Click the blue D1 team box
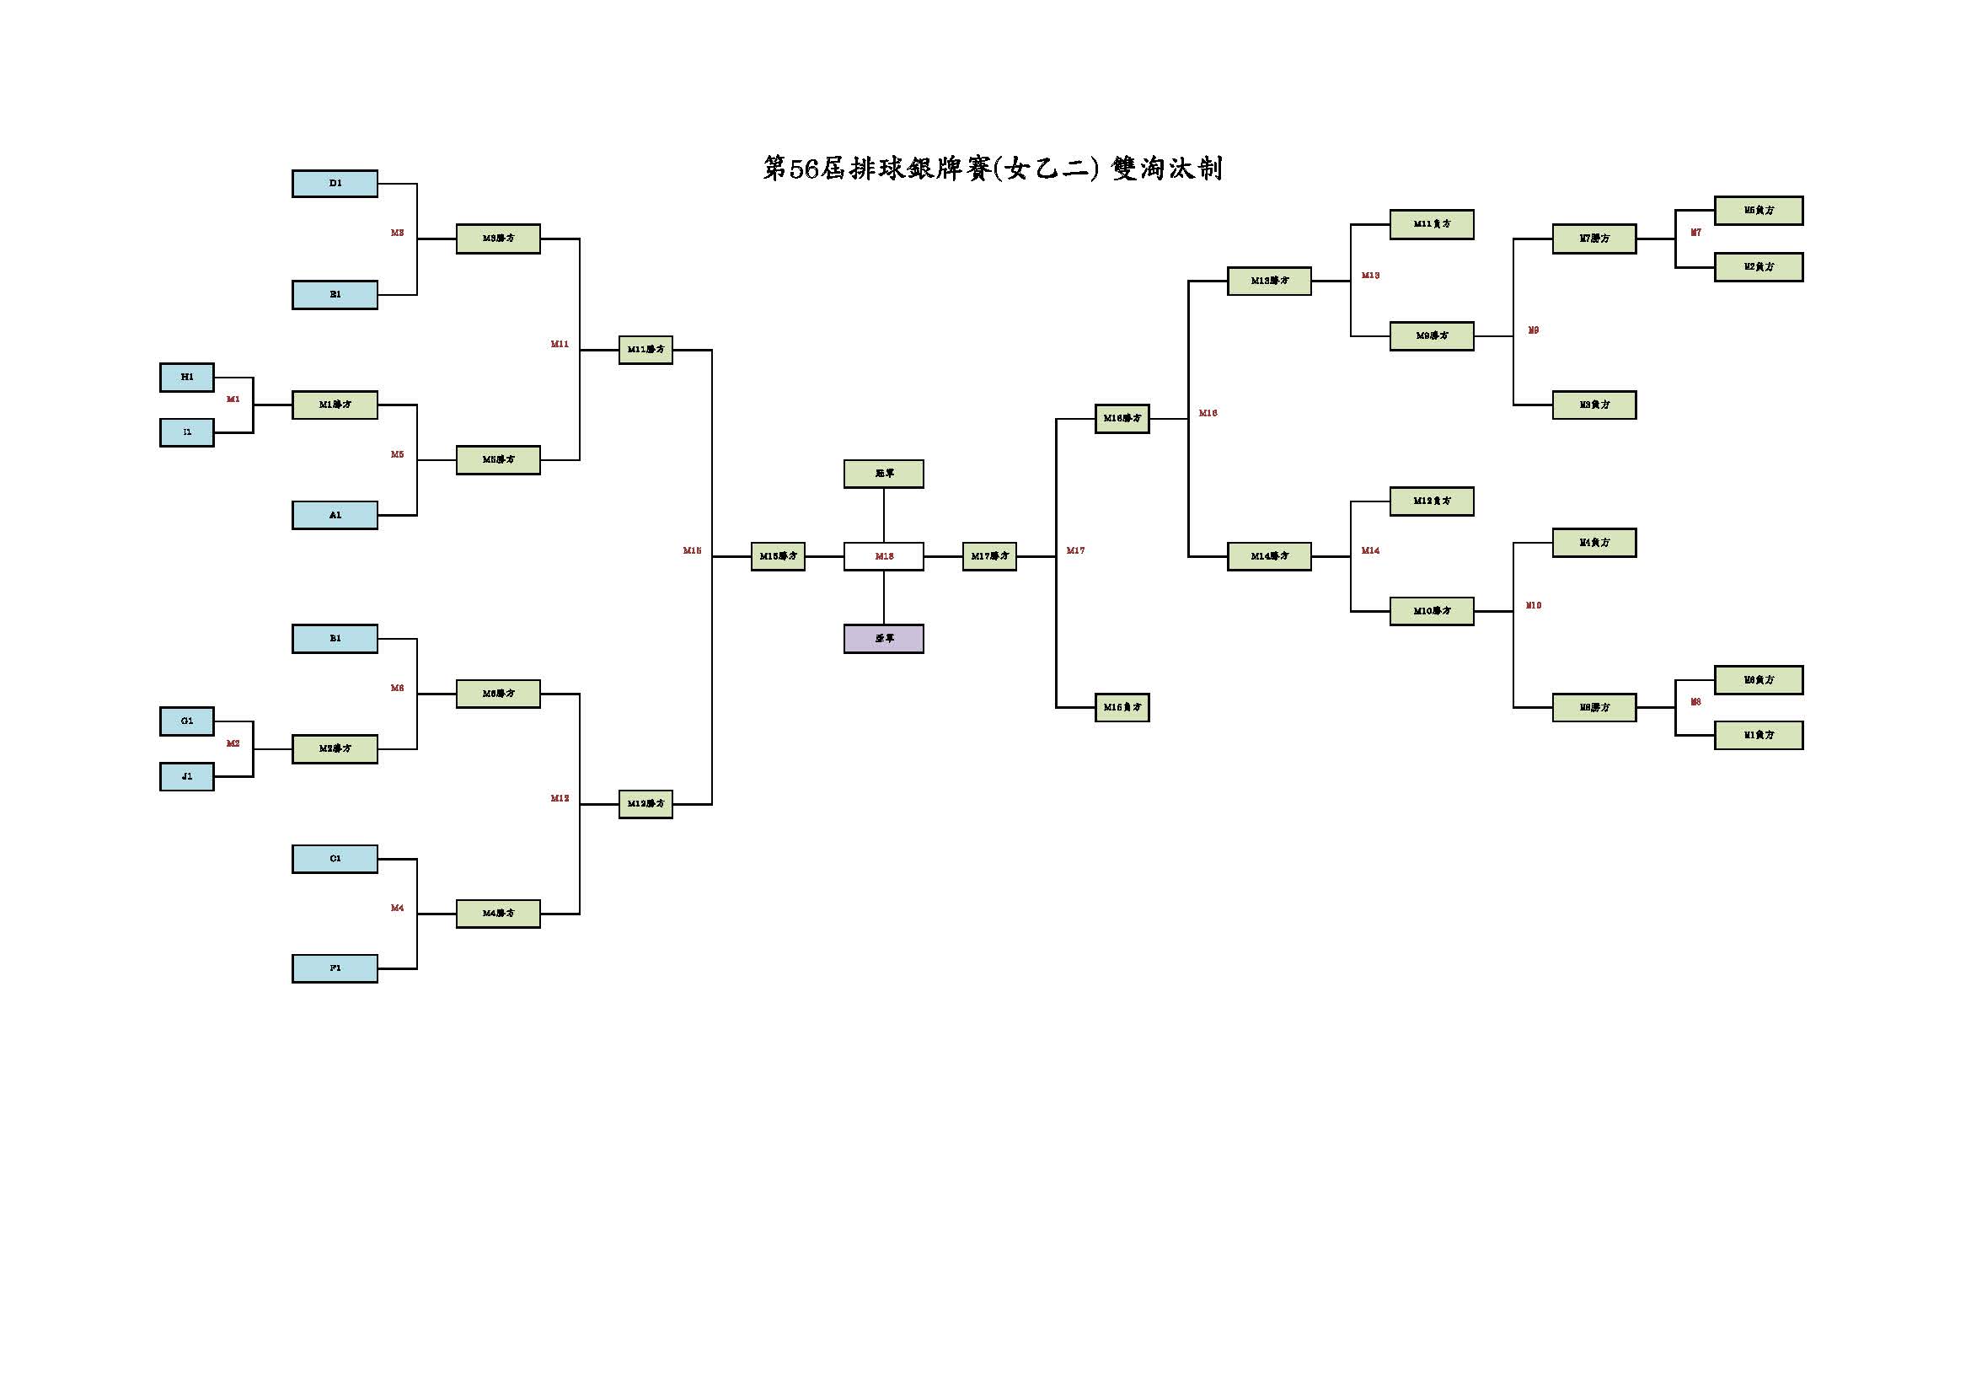pos(335,184)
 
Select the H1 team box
pos(187,378)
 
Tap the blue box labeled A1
pos(335,515)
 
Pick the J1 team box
pos(187,777)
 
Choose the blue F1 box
pos(335,968)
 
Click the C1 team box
pos(335,858)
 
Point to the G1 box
pos(187,721)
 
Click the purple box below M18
pos(883,639)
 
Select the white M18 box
pos(883,556)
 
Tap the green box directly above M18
pos(883,474)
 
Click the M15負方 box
pos(1122,707)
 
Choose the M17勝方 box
pos(989,556)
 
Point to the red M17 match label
pos(1075,551)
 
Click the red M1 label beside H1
pos(233,399)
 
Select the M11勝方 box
pos(645,351)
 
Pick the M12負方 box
pos(1431,501)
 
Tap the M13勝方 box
pos(1269,281)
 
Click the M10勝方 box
pos(1431,611)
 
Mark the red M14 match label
pos(1370,551)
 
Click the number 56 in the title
pos(804,169)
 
